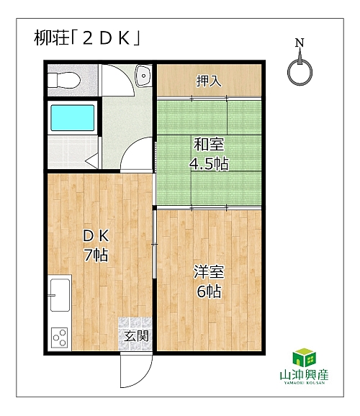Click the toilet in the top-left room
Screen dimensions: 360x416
pos(64,80)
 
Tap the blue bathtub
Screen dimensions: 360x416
pos(73,118)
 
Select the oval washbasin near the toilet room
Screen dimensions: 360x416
pos(143,76)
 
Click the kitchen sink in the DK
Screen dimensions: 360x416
pos(60,295)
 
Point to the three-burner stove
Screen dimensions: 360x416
pos(60,338)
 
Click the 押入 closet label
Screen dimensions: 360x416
pos(209,81)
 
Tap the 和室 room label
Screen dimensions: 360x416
pos(209,145)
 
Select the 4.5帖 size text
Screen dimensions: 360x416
pos(209,164)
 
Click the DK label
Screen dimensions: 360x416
pos(96,235)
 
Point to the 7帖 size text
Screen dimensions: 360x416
pos(96,255)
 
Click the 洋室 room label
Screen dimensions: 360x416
pos(209,272)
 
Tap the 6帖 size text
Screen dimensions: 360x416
pos(209,291)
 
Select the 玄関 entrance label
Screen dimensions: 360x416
pos(137,336)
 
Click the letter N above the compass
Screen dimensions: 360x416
pos(300,42)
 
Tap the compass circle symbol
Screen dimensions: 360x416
pos(300,73)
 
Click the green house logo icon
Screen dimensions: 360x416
pos(305,358)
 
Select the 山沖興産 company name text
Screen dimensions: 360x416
pos(305,375)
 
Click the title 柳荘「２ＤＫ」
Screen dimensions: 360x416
pos(87,38)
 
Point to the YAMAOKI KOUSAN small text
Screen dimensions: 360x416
pos(305,383)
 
